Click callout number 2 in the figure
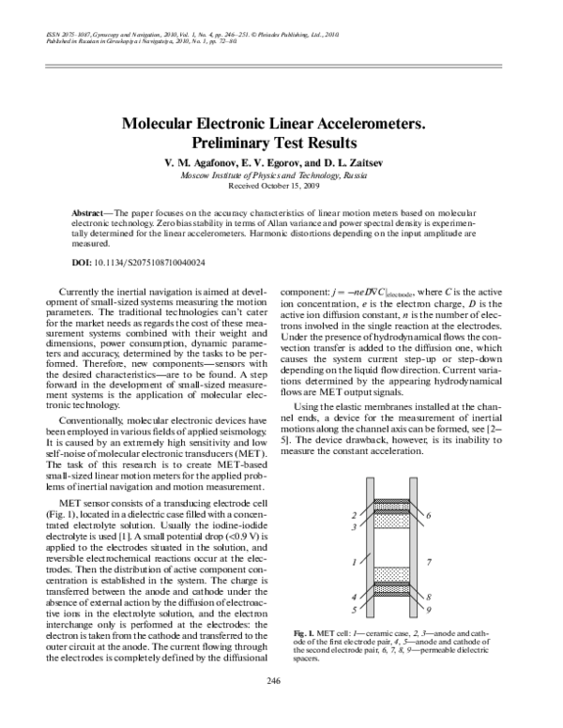tap(353, 516)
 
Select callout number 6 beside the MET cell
tap(429, 516)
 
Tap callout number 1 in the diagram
tap(353, 562)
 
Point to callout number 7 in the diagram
tap(429, 562)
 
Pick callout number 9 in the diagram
tap(429, 609)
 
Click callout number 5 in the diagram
tap(353, 609)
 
